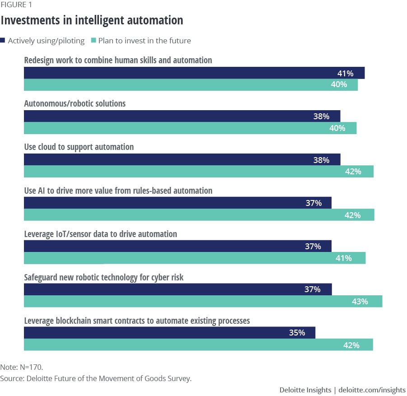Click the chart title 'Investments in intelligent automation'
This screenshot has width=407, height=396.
click(x=92, y=20)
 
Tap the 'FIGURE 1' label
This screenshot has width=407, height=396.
click(x=16, y=5)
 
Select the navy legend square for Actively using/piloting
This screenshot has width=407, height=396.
click(x=3, y=41)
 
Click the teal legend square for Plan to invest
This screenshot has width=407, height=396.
click(x=94, y=41)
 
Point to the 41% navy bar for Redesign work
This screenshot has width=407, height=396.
click(x=194, y=73)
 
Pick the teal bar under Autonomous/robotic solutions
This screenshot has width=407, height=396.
click(x=190, y=128)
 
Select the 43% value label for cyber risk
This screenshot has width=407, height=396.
click(x=360, y=302)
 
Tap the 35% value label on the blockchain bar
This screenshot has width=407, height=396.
click(x=297, y=333)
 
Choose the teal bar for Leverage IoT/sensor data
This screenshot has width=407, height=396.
click(x=194, y=258)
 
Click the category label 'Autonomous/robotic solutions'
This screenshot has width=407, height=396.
click(x=75, y=103)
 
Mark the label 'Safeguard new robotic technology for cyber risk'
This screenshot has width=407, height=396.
click(x=103, y=277)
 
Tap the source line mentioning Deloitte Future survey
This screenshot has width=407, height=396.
click(x=96, y=378)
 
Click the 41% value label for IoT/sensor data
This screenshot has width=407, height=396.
click(x=343, y=258)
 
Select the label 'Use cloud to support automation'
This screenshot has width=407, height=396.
click(x=79, y=147)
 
